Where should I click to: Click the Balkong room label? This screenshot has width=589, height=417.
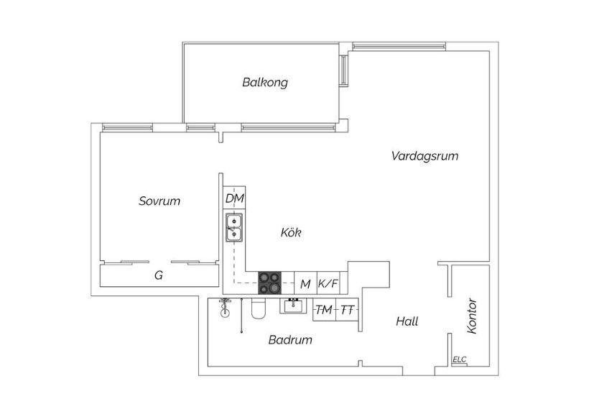[265, 83]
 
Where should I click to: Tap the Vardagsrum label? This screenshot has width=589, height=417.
[425, 156]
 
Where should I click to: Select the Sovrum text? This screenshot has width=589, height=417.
[159, 201]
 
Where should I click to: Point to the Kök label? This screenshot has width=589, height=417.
[291, 232]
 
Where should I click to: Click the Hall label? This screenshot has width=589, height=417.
[407, 321]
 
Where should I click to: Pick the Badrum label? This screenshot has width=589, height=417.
[290, 340]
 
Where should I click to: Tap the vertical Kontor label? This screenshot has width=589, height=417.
[472, 316]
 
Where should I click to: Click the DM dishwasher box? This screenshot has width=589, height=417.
[234, 198]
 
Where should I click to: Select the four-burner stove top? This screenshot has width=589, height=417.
[269, 283]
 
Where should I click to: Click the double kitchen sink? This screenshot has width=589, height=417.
[234, 227]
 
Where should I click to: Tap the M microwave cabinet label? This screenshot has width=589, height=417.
[306, 284]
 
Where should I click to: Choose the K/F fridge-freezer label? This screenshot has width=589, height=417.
[328, 283]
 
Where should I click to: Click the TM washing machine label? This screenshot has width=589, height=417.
[324, 310]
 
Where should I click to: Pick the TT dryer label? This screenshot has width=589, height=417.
[348, 311]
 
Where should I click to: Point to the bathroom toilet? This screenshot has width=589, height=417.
[259, 308]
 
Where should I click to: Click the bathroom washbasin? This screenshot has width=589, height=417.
[292, 306]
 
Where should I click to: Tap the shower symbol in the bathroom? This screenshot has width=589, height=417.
[225, 308]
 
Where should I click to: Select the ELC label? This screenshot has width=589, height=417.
[460, 359]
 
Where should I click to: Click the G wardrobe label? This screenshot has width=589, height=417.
[159, 275]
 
